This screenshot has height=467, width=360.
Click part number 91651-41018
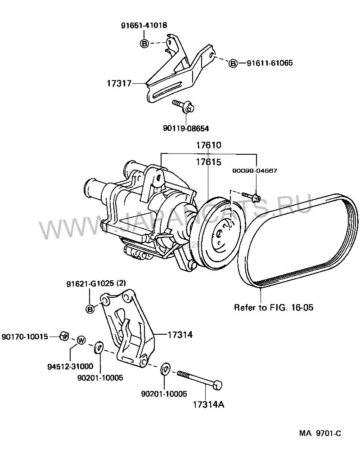tap(144, 25)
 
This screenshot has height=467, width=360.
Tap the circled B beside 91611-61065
tap(233, 63)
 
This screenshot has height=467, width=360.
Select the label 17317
tap(119, 83)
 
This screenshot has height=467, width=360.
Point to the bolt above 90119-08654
tap(183, 106)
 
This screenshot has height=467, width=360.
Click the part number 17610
tap(209, 145)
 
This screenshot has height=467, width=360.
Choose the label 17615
tap(209, 162)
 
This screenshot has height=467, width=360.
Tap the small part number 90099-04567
tap(255, 171)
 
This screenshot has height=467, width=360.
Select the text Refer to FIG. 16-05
tap(274, 307)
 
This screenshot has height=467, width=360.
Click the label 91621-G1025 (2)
tap(96, 283)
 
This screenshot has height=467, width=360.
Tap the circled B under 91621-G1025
tap(90, 309)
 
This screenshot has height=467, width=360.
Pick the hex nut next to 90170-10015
tap(64, 336)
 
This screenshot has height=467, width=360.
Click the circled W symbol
tap(81, 340)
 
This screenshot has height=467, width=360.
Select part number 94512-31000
tap(70, 366)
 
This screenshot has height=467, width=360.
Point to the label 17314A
tap(209, 404)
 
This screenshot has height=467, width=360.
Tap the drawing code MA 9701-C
tap(320, 433)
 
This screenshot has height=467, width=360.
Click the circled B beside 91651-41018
tap(144, 44)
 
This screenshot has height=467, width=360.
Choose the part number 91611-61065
tap(270, 63)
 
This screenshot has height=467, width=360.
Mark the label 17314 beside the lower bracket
tap(180, 335)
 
